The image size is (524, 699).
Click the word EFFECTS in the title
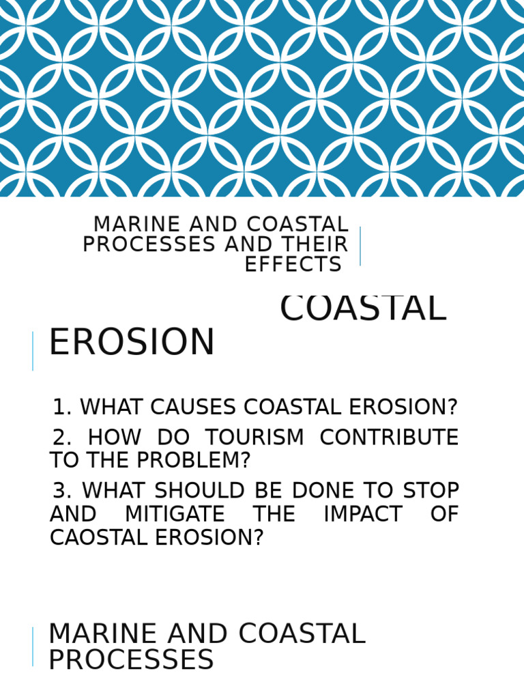point(293,265)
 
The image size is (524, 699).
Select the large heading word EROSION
point(132,343)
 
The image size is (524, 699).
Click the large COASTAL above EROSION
point(363,309)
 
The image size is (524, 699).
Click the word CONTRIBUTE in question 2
point(389,438)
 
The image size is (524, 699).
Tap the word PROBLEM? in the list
point(194,461)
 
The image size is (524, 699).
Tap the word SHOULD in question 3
point(194,491)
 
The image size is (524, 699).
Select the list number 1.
point(61,408)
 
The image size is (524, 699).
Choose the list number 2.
point(61,438)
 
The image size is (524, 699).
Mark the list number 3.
point(61,491)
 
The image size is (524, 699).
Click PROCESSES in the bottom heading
point(131,660)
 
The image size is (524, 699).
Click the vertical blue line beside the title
point(360,246)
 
